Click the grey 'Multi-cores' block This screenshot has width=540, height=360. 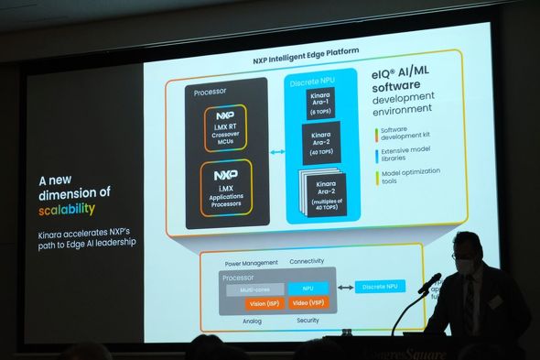[x=254, y=289]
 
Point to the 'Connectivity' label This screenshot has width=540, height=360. [x=308, y=261]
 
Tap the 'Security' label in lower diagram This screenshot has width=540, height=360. [x=308, y=320]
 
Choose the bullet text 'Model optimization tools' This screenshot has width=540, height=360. [x=409, y=176]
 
